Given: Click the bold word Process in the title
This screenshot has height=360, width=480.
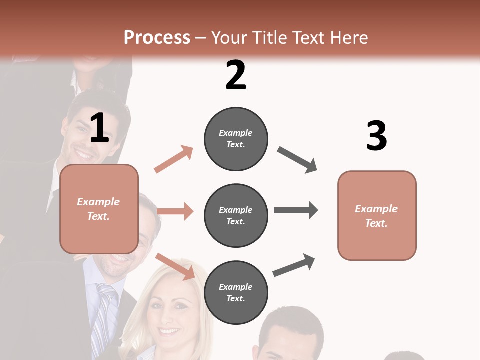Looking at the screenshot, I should pos(157,37).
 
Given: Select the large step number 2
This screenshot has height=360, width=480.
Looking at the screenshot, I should pos(236,75).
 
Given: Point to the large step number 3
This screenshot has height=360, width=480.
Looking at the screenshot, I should pos(376,136).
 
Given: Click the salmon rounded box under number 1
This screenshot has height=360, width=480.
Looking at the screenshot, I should pos(99,209).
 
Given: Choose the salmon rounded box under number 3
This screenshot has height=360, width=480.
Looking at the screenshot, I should pos(377,215).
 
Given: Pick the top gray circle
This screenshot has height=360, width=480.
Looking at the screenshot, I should pos(236,139).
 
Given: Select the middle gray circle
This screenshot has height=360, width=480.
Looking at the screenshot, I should pos(236,215).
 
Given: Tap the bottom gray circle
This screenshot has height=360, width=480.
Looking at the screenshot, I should pos(236,292).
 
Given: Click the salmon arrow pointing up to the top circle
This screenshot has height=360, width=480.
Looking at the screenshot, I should pos(174,159).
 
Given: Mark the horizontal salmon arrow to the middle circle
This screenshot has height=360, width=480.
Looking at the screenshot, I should pos(175,211).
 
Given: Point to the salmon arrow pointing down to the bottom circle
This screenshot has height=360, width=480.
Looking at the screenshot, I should pos(175,266).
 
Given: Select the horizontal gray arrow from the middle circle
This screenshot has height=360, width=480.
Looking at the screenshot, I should pos(295,210).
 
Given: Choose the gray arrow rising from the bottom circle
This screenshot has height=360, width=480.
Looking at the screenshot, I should pos(294,265).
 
